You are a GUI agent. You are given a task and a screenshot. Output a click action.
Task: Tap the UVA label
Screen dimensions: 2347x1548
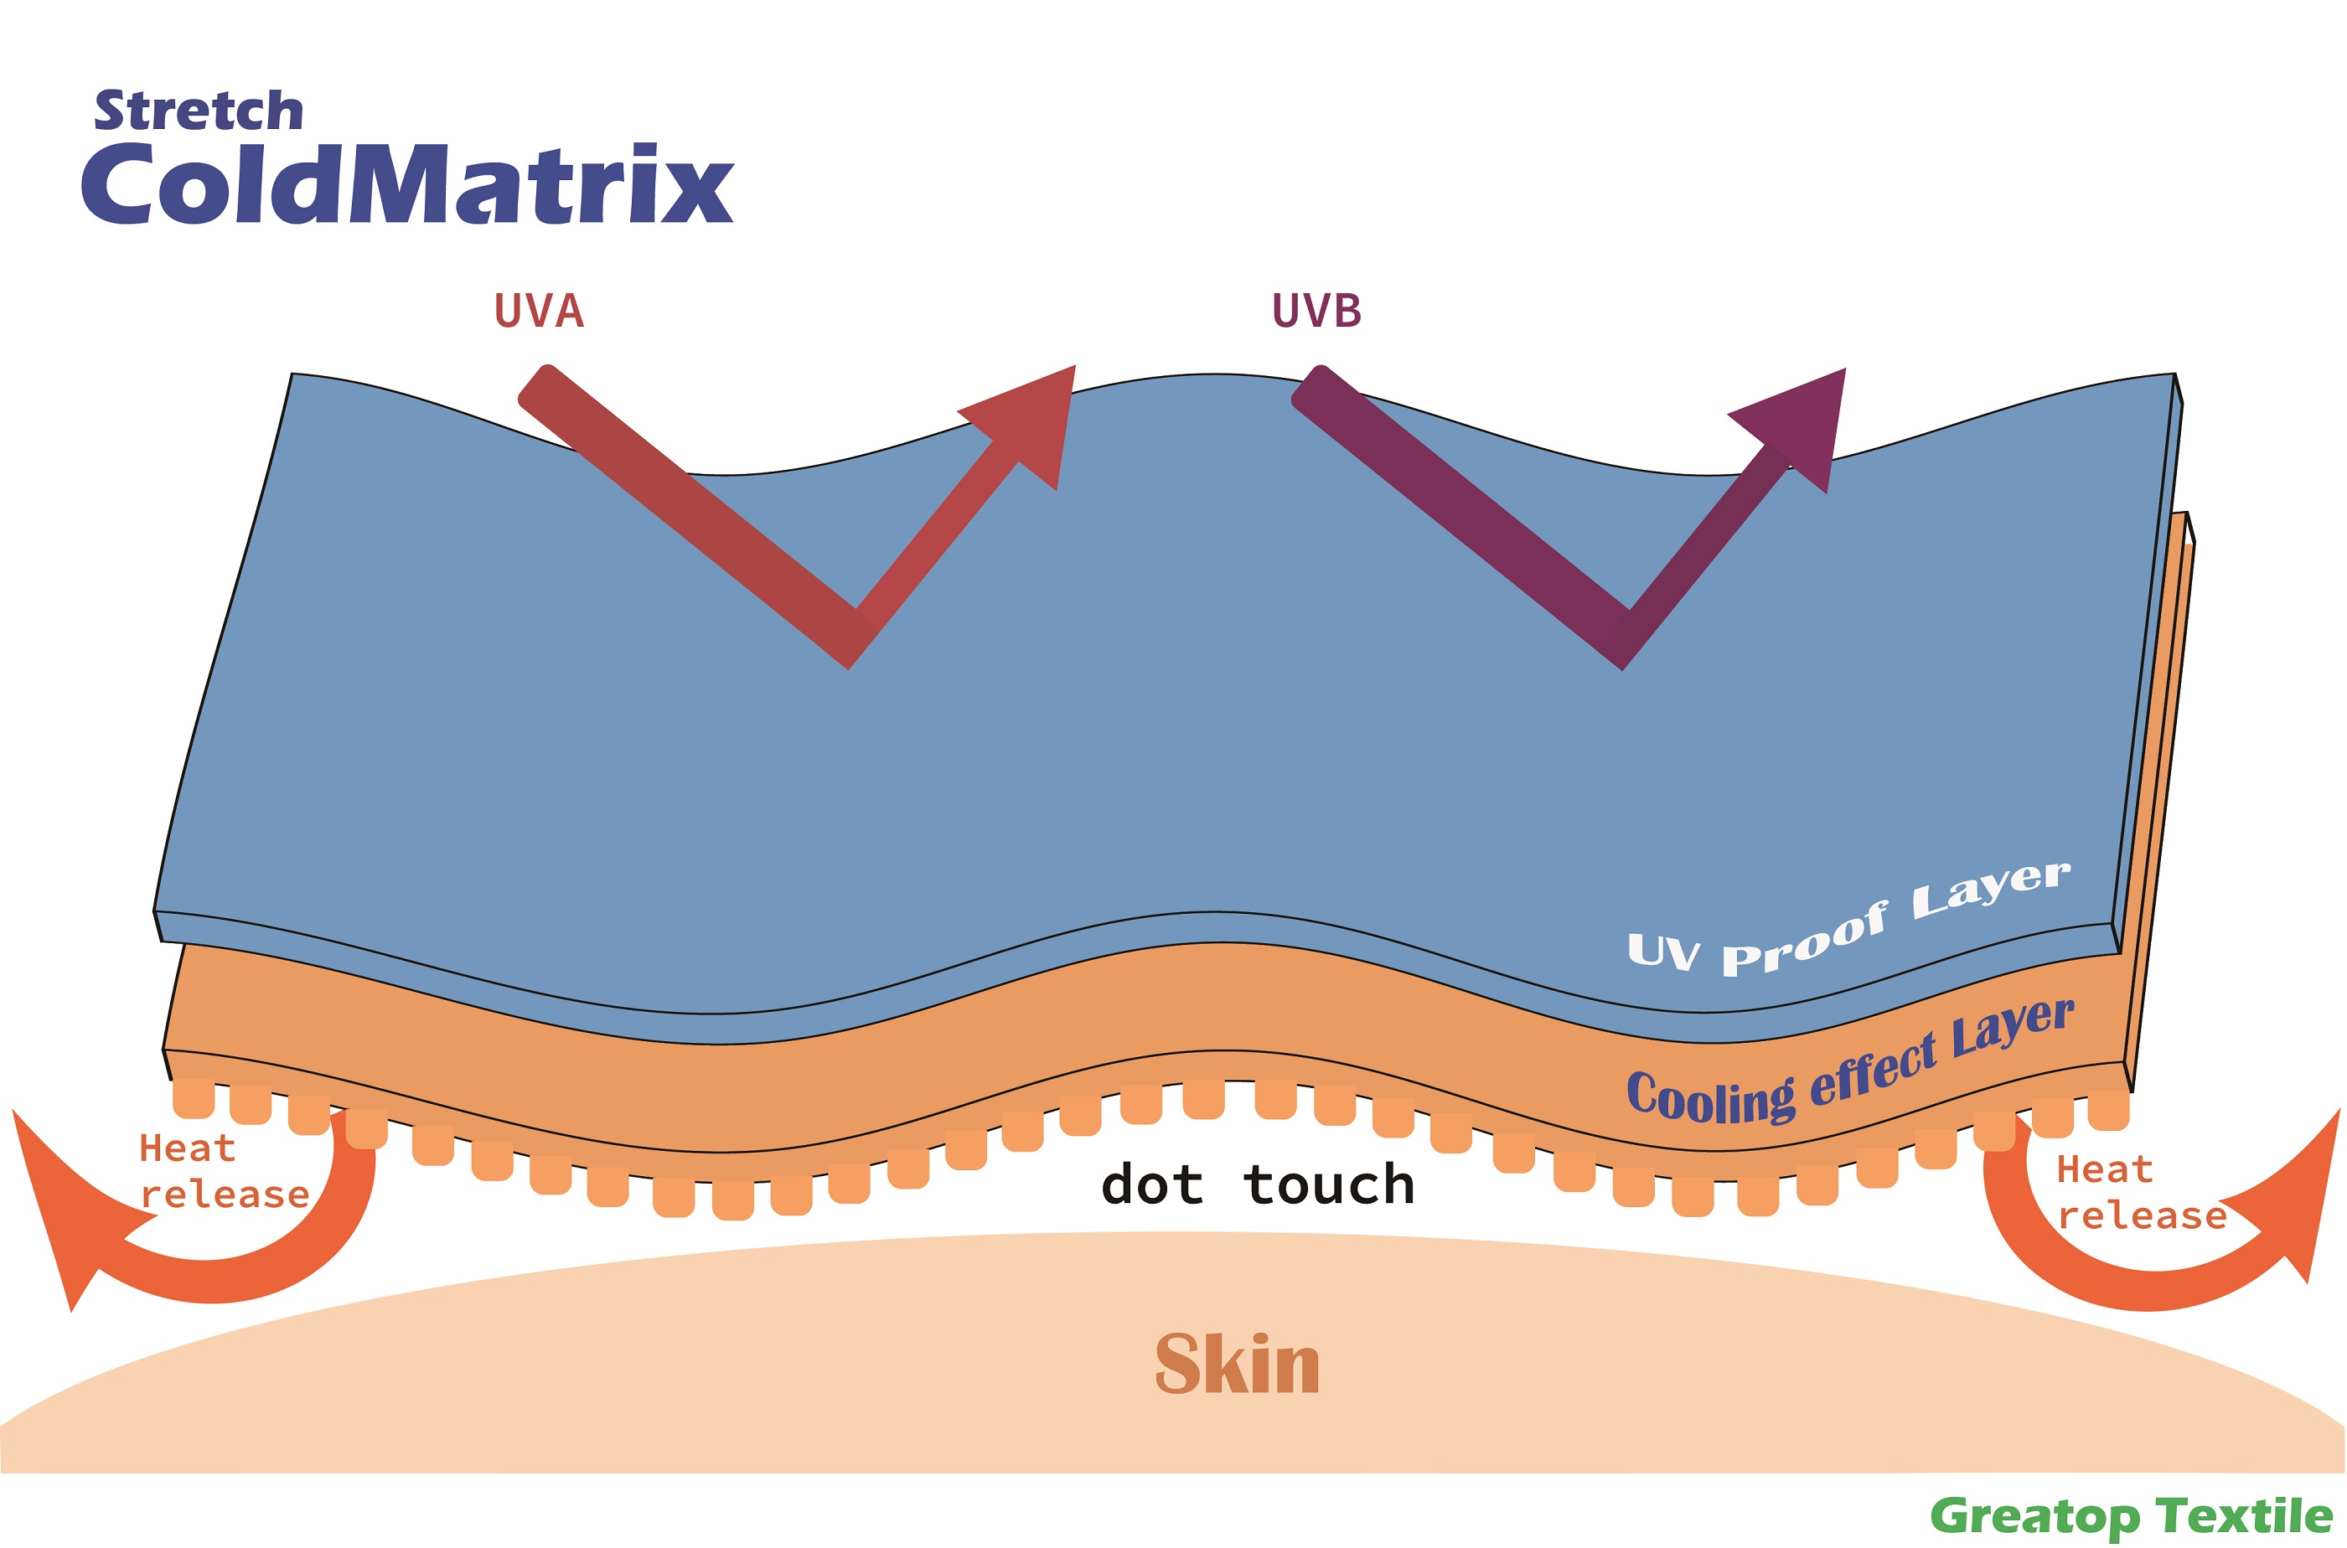click(539, 310)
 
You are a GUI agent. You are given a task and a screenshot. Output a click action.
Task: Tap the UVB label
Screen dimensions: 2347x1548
click(1316, 310)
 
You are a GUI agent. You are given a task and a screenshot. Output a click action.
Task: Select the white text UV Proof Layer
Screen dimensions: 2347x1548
click(1848, 918)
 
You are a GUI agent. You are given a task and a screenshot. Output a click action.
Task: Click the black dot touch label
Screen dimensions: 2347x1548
click(1258, 1184)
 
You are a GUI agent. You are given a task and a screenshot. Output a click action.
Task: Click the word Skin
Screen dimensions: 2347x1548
click(1238, 1365)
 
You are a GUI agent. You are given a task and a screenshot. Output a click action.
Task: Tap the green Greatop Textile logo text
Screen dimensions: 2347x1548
click(2131, 1515)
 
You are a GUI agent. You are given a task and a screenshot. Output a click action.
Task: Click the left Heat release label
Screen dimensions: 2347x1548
click(224, 1171)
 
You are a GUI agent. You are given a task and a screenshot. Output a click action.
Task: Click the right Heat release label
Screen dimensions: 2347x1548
click(2142, 1193)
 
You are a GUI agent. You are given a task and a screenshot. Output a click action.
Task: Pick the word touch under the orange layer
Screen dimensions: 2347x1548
click(1329, 1184)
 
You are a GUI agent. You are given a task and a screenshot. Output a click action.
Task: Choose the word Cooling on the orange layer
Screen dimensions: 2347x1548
click(1710, 1096)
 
